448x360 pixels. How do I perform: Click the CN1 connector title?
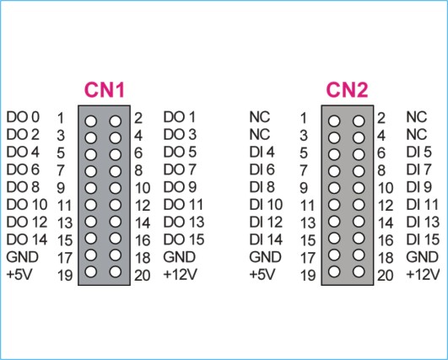pyautogui.click(x=105, y=90)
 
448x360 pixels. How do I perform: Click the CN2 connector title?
pyautogui.click(x=347, y=90)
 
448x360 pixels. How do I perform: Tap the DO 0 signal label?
pyautogui.click(x=23, y=117)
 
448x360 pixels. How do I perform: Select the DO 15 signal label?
pyautogui.click(x=184, y=239)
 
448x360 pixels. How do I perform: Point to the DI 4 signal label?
pyautogui.click(x=262, y=152)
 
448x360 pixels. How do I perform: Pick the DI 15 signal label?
pyautogui.click(x=423, y=239)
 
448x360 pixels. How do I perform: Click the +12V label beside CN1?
pyautogui.click(x=180, y=275)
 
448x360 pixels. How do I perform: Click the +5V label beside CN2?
pyautogui.click(x=262, y=275)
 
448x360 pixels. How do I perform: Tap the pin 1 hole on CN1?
pyautogui.click(x=91, y=121)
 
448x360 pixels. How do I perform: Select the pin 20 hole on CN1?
pyautogui.click(x=115, y=271)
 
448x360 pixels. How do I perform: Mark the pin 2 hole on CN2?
pyautogui.click(x=359, y=121)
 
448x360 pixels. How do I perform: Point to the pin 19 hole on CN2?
pyautogui.click(x=334, y=271)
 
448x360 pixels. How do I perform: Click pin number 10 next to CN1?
pyautogui.click(x=143, y=188)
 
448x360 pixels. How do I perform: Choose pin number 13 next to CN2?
pyautogui.click(x=308, y=223)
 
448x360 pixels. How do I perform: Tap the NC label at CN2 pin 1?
pyautogui.click(x=259, y=117)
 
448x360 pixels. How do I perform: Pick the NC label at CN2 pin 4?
pyautogui.click(x=417, y=134)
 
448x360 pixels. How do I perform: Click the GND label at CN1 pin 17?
pyautogui.click(x=22, y=257)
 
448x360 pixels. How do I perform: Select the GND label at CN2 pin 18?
pyautogui.click(x=423, y=257)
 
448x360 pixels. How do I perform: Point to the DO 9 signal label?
pyautogui.click(x=180, y=187)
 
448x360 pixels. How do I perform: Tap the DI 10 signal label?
pyautogui.click(x=266, y=205)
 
